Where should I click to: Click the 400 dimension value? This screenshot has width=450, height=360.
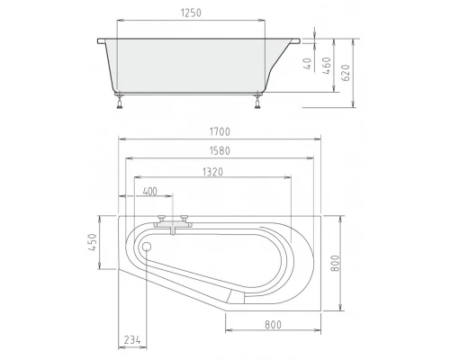(149, 192)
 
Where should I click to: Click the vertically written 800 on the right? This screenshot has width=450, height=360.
(335, 266)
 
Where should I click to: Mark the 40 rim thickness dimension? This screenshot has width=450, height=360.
(307, 64)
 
